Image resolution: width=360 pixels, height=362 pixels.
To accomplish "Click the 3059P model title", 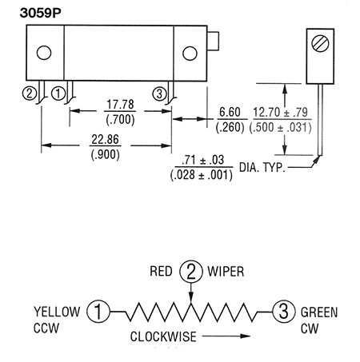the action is [x=40, y=13].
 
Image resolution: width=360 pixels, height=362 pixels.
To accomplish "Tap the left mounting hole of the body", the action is [x=44, y=53].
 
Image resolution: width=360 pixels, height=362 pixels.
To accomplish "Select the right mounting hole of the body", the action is [x=190, y=54].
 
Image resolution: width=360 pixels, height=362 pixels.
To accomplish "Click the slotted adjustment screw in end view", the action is [x=320, y=43].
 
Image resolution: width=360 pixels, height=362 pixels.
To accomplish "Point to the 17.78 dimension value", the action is [x=120, y=105].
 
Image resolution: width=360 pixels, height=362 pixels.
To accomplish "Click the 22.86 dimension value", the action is [x=105, y=140].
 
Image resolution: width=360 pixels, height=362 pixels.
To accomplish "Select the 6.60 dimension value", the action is [x=230, y=112].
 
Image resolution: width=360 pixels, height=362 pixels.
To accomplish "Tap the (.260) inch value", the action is [x=230, y=127].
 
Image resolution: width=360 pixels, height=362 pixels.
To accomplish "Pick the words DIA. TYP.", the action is [x=262, y=168].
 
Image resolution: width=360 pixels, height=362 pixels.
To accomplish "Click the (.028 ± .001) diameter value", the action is [x=202, y=175].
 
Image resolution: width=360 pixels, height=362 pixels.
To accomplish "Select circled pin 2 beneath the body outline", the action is [x=30, y=93].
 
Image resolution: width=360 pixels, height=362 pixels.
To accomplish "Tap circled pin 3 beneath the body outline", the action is [x=159, y=93].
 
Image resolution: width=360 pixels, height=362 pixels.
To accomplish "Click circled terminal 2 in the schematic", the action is [x=191, y=272].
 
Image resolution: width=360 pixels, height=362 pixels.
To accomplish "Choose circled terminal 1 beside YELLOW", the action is [x=98, y=312].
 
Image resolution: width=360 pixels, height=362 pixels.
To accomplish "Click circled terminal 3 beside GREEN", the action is [x=284, y=312].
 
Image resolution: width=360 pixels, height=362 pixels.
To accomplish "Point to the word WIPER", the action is [x=226, y=272].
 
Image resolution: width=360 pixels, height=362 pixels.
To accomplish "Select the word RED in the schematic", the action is [x=161, y=272].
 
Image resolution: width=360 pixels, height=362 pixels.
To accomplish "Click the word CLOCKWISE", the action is [x=163, y=336].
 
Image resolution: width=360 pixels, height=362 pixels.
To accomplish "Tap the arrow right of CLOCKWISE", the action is [x=226, y=336].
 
